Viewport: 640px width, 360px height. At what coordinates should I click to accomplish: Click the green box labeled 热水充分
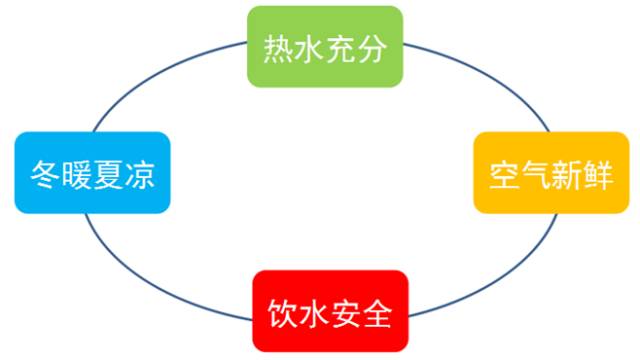coord(325,46)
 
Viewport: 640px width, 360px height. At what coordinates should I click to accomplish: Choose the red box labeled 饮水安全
coord(330,311)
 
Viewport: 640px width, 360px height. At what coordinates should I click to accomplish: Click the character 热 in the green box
coord(278,47)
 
